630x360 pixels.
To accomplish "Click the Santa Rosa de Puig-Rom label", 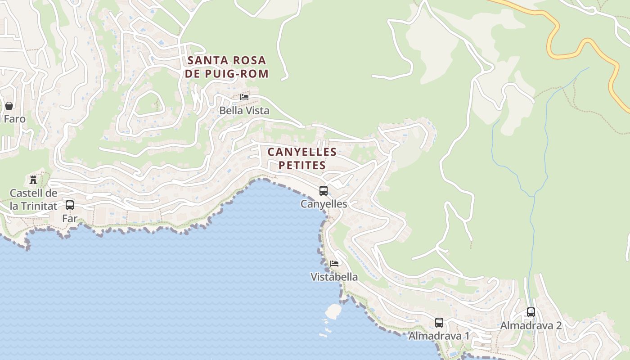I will (x=227, y=67).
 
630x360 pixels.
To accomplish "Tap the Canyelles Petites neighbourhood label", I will (x=302, y=158).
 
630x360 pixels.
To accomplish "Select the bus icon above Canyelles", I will (x=324, y=191).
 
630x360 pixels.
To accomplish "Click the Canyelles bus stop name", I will (x=324, y=204).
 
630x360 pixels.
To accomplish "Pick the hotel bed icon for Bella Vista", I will (x=244, y=97).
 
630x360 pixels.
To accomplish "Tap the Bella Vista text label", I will (x=244, y=110).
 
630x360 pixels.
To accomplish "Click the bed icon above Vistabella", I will (x=334, y=264).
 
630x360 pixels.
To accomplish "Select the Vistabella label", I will (x=334, y=277).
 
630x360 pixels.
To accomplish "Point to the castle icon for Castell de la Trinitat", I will (x=33, y=180).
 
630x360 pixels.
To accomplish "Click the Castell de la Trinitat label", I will (x=34, y=200).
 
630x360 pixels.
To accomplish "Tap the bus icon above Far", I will (x=70, y=205).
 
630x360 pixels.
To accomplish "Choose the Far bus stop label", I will (x=70, y=219).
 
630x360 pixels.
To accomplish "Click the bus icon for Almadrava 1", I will (x=439, y=323).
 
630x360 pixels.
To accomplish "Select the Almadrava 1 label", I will (x=439, y=336).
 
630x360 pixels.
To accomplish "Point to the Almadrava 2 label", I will (x=531, y=325).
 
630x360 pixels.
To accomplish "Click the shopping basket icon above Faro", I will (x=9, y=106).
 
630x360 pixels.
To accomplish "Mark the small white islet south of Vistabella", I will (x=333, y=310).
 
